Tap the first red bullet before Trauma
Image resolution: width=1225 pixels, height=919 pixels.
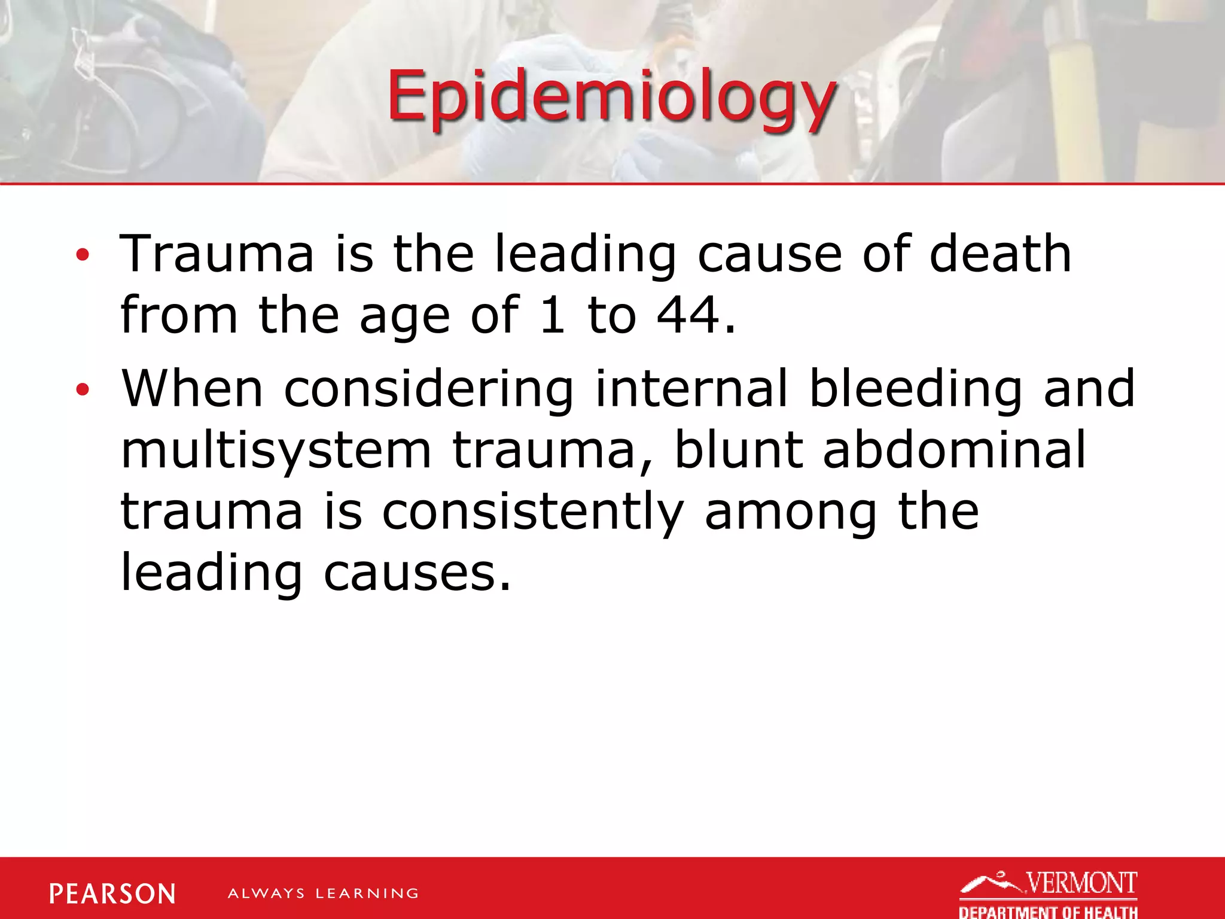coord(83,255)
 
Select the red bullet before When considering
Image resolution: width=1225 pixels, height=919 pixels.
coord(83,391)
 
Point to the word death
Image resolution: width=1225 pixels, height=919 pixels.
coord(1000,254)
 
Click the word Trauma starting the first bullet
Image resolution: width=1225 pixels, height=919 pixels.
coord(217,254)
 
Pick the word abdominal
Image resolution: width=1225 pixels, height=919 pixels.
coord(954,450)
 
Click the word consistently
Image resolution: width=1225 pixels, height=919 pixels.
coord(532,512)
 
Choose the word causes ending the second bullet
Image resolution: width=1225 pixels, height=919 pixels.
coord(417,573)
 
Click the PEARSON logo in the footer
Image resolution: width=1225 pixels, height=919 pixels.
coord(112,894)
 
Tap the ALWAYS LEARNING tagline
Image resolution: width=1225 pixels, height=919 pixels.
coord(323,894)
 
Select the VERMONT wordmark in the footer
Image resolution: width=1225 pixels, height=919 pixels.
coord(1081,883)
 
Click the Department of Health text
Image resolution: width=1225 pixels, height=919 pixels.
coord(1048,912)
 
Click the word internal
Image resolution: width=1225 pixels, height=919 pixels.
coord(691,389)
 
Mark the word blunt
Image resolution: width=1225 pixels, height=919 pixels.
coord(738,450)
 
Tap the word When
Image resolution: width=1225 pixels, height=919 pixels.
coord(192,389)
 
